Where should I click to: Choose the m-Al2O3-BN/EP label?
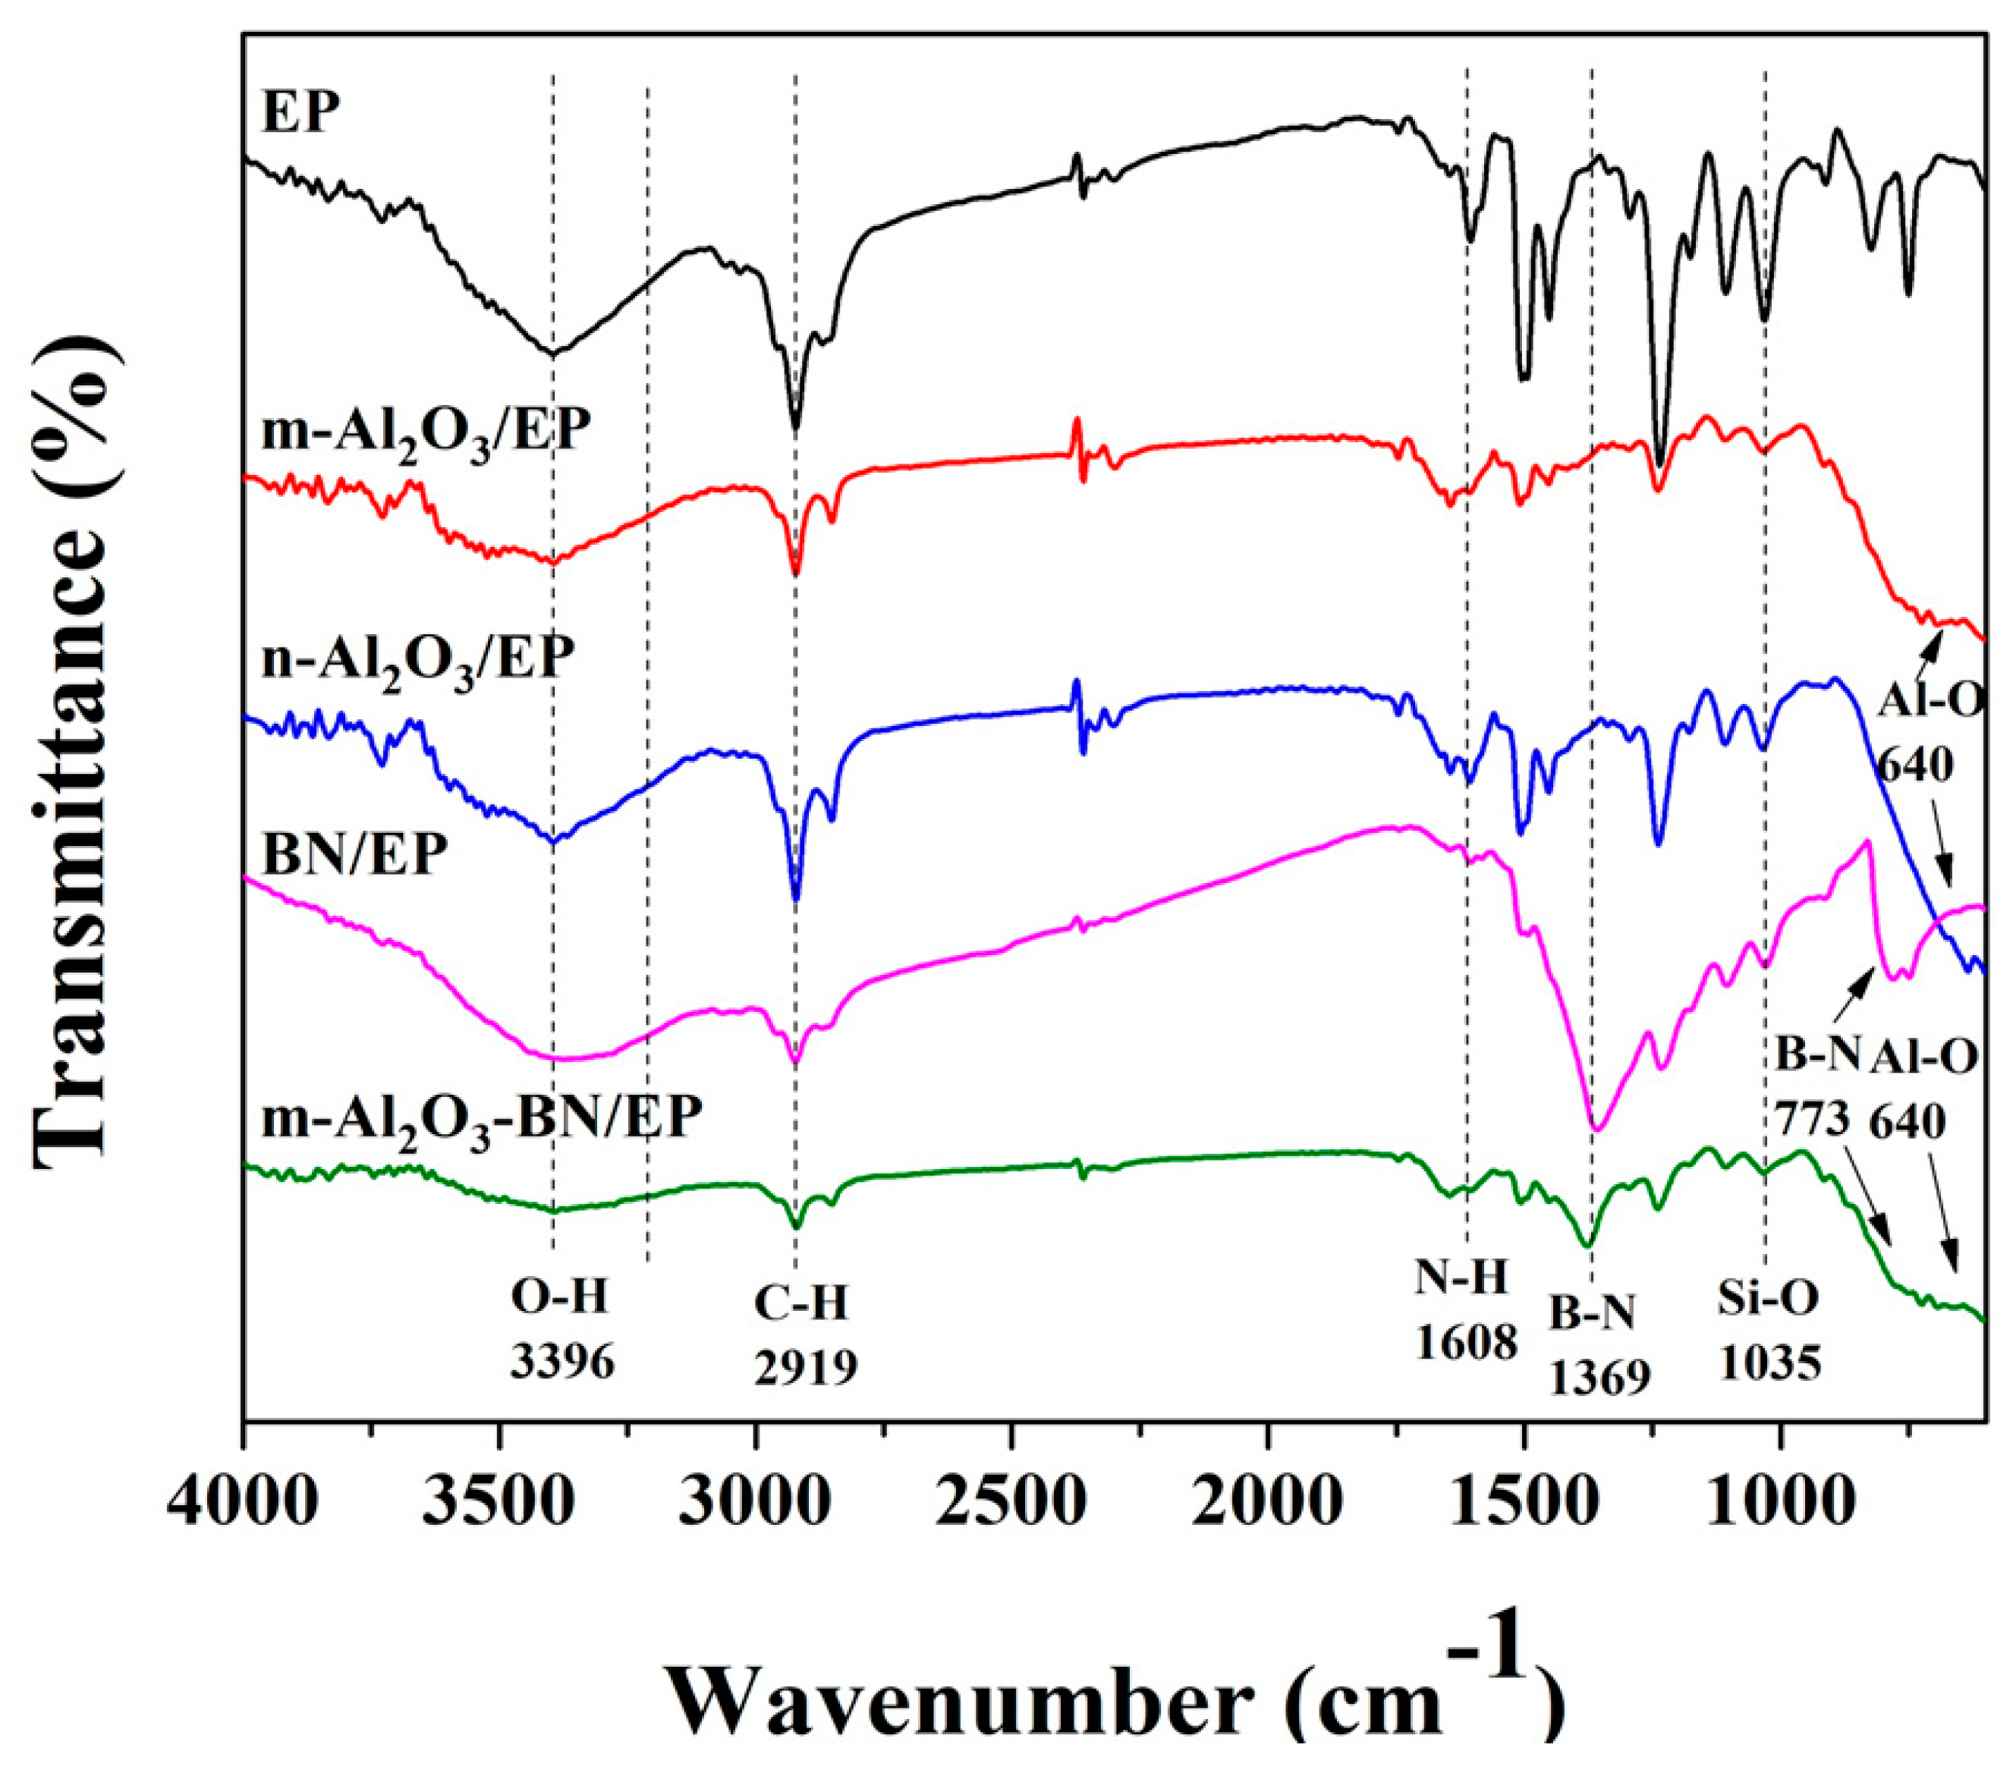click(483, 1117)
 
